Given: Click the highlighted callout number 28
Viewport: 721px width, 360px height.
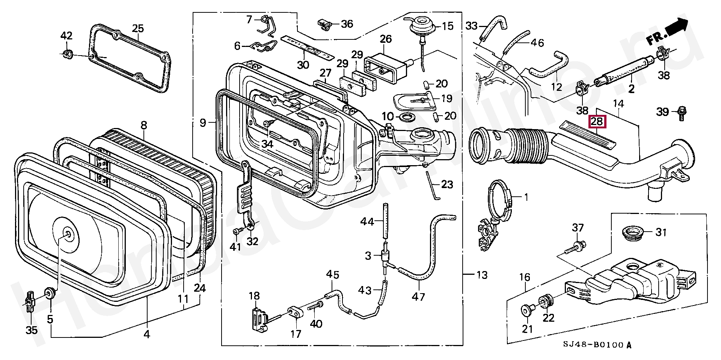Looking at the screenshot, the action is pyautogui.click(x=597, y=121).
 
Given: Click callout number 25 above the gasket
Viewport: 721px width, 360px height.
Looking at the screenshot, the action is pyautogui.click(x=138, y=29).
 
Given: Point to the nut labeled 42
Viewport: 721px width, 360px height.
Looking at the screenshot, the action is pyautogui.click(x=67, y=54).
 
